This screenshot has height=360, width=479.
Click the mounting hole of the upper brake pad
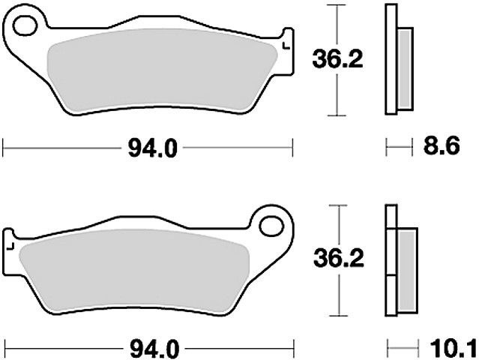tap(25, 25)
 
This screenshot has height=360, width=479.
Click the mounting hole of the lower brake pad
tap(271, 226)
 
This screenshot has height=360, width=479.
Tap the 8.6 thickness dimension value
tap(442, 147)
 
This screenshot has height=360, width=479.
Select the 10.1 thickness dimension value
tap(454, 349)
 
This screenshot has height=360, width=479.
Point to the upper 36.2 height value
tap(337, 59)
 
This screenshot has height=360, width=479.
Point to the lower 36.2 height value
tap(339, 259)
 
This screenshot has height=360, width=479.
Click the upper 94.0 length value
tap(152, 148)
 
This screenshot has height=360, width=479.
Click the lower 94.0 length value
tap(154, 349)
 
